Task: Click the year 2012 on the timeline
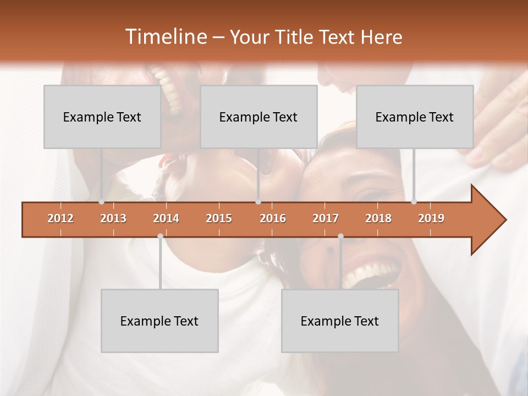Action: pos(61,218)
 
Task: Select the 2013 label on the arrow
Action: pos(113,218)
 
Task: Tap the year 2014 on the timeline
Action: pos(166,218)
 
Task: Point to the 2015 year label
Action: pos(219,218)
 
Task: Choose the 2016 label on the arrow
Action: pos(273,218)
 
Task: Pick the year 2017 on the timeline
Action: pos(326,218)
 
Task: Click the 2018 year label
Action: pos(378,218)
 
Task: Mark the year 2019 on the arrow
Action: pos(431,218)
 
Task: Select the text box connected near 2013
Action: pos(102,117)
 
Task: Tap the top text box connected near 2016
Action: pos(258,117)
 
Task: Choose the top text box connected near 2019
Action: pos(415,117)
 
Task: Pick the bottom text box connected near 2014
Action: pos(159,321)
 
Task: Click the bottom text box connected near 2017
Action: pos(340,321)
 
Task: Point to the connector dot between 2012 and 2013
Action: pos(102,202)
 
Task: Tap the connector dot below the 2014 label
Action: pos(160,236)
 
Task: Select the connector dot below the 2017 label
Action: pos(340,236)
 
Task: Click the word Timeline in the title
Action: pos(165,37)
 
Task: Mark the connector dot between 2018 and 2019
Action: pos(414,202)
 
